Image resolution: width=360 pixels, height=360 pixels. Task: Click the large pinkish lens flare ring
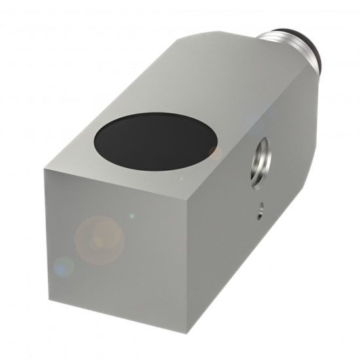coord(99,240)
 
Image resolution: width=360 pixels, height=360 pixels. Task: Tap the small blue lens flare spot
coord(63,266)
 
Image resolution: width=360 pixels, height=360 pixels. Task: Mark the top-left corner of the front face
coord(45,170)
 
